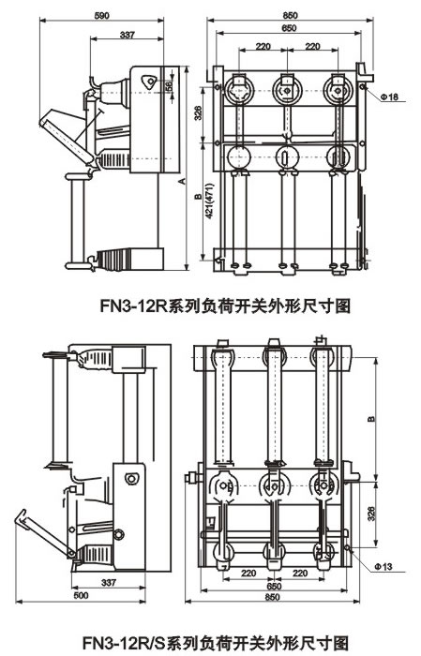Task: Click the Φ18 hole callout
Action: pyautogui.click(x=391, y=97)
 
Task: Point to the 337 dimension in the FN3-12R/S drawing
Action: pyautogui.click(x=136, y=582)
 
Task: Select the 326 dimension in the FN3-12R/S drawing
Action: pyautogui.click(x=373, y=514)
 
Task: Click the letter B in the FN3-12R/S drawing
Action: pyautogui.click(x=373, y=418)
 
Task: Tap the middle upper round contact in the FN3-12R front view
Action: pyautogui.click(x=284, y=92)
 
